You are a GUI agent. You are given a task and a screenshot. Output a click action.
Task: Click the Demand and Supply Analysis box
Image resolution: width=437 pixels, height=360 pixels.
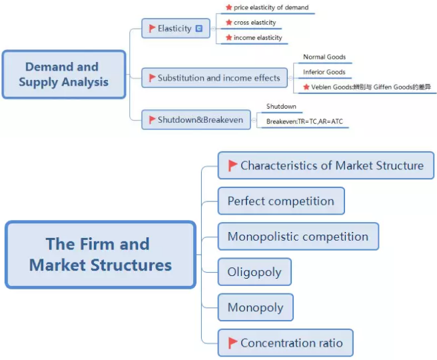[63, 75]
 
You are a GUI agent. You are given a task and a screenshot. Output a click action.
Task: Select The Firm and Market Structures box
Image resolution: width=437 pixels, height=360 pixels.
[101, 255]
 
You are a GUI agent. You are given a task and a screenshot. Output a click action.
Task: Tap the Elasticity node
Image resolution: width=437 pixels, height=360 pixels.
[174, 29]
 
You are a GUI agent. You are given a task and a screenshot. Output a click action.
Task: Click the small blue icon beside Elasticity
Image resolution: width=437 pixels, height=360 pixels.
[199, 29]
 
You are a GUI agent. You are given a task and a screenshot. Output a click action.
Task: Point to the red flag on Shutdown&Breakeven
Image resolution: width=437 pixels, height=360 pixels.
[153, 120]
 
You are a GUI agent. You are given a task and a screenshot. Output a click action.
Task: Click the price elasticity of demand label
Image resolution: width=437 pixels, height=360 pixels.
[270, 8]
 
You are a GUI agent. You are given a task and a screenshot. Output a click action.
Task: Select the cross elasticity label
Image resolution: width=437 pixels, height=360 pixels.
[254, 23]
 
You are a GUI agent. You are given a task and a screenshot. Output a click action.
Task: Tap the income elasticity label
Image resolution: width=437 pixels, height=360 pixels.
[257, 38]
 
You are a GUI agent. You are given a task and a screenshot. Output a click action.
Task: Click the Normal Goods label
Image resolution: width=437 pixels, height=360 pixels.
[324, 57]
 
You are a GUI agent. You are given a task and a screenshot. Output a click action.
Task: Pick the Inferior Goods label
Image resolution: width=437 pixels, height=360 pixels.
[324, 72]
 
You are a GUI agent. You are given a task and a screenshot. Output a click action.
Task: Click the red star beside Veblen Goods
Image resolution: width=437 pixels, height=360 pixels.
[306, 87]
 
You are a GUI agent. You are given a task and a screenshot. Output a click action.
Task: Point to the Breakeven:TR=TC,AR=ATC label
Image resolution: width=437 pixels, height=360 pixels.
[304, 121]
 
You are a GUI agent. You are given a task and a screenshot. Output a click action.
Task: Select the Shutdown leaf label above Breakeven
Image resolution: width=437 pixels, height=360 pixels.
[280, 107]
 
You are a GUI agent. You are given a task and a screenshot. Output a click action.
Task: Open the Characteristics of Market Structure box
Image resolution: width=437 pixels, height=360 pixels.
[326, 165]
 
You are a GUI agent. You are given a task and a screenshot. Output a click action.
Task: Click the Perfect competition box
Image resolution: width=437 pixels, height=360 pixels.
[280, 201]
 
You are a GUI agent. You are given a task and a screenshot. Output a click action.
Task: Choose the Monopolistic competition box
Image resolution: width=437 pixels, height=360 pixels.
[298, 237]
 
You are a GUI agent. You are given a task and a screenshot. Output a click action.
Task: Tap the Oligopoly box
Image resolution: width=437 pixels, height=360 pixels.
[254, 272]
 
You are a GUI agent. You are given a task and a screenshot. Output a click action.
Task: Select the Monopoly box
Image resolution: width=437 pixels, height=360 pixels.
[255, 307]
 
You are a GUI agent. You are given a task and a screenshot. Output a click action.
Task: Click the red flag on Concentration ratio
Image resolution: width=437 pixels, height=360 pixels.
[233, 343]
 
